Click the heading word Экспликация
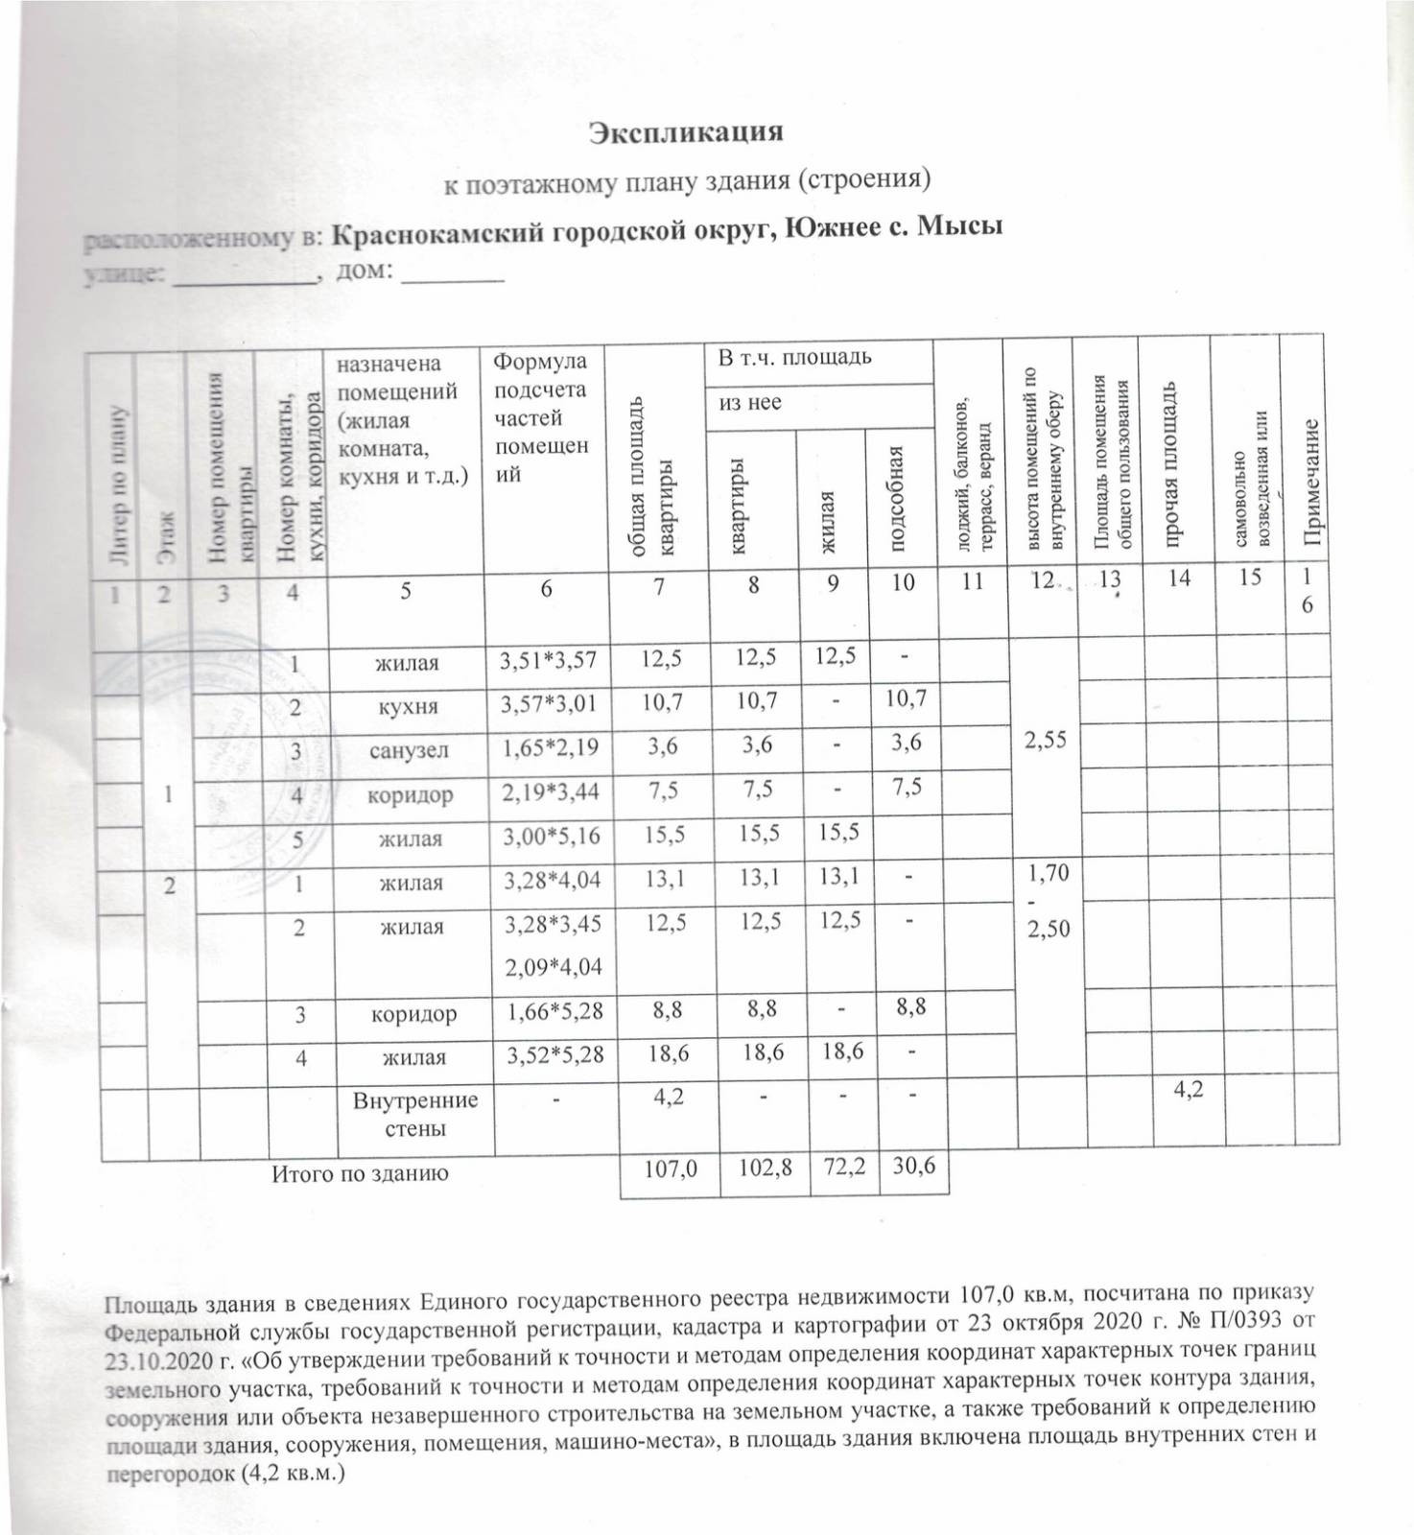click(x=686, y=131)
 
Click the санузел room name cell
click(x=412, y=750)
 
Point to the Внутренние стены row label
click(x=415, y=1113)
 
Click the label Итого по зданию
click(x=361, y=1172)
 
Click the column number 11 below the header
click(x=972, y=580)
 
